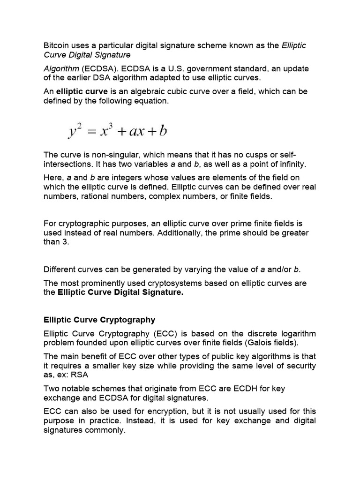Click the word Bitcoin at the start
click(x=57, y=46)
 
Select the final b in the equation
click(x=162, y=130)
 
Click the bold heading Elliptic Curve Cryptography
click(x=99, y=320)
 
